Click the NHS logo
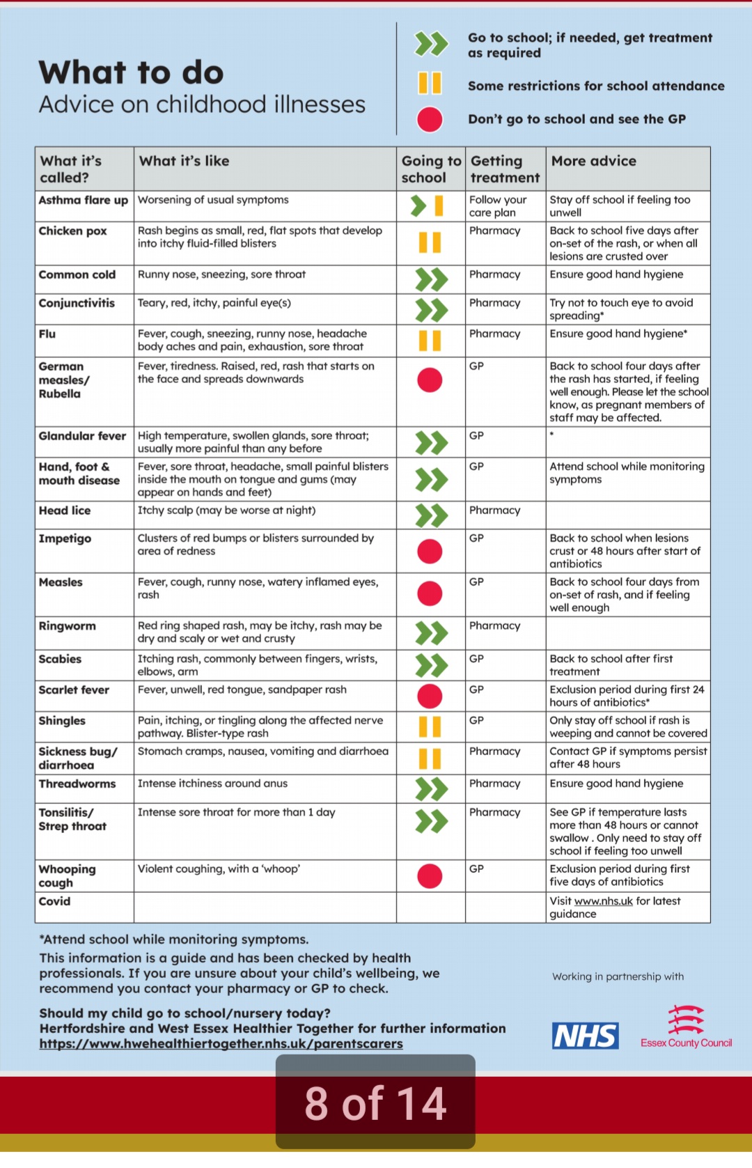pos(585,1036)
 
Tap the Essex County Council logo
pos(686,1027)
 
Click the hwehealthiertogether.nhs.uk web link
pos(221,1043)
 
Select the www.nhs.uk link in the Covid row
pos(603,901)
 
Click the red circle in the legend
pos(430,119)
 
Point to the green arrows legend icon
pos(431,44)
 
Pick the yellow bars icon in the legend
pos(430,83)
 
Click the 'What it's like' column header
pos(185,161)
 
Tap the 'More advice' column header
pos(593,161)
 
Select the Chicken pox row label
pos(73,231)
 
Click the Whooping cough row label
pos(68,875)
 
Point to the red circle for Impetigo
pos(430,551)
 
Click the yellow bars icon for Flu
pos(430,341)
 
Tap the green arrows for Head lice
pos(431,515)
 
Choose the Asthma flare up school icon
pos(428,205)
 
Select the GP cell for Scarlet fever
pos(476,690)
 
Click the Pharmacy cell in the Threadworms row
pos(494,784)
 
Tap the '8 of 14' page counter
pos(375,1103)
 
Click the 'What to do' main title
pos(132,72)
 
